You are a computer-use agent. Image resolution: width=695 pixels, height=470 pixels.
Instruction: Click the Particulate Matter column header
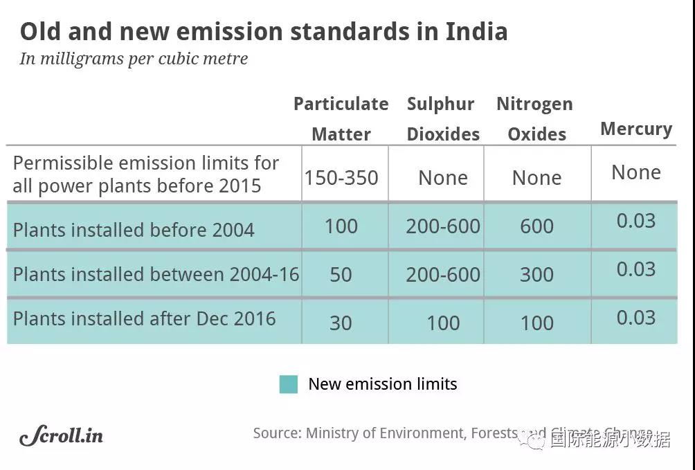[341, 118]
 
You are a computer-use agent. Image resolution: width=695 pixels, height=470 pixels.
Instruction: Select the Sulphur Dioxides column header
[442, 118]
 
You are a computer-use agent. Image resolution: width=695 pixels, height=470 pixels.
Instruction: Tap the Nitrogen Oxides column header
[536, 118]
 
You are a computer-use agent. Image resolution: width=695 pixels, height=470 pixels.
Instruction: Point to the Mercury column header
[636, 129]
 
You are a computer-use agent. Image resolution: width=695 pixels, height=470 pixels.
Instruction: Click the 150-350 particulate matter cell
[341, 178]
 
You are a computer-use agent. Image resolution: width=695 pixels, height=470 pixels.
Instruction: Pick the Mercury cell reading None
[636, 172]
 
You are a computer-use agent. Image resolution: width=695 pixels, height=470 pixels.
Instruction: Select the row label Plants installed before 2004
[134, 230]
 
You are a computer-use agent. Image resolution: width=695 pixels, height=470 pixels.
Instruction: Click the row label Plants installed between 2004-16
[156, 274]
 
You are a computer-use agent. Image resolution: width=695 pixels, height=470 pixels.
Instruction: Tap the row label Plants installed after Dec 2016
[144, 319]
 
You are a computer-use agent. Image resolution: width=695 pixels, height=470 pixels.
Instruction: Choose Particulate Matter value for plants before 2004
[341, 226]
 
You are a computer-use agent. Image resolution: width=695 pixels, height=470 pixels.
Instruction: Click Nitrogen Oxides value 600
[536, 226]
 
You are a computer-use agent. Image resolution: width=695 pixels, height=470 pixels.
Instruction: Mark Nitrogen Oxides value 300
[536, 275]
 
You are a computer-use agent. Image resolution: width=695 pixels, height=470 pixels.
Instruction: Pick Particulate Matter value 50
[341, 275]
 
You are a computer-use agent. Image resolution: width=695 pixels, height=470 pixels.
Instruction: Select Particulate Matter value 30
[341, 323]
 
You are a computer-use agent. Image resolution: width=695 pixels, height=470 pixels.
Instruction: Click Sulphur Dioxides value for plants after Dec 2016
[443, 323]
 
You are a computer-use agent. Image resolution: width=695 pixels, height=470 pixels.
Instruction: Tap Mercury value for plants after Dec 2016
[635, 318]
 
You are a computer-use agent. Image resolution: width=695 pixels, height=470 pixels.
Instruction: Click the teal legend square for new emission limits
[289, 384]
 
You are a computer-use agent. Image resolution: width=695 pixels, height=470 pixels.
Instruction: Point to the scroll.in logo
[62, 435]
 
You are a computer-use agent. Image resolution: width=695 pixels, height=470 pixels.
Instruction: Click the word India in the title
[476, 32]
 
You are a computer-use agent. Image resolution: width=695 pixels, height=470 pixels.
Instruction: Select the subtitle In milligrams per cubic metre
[134, 59]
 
